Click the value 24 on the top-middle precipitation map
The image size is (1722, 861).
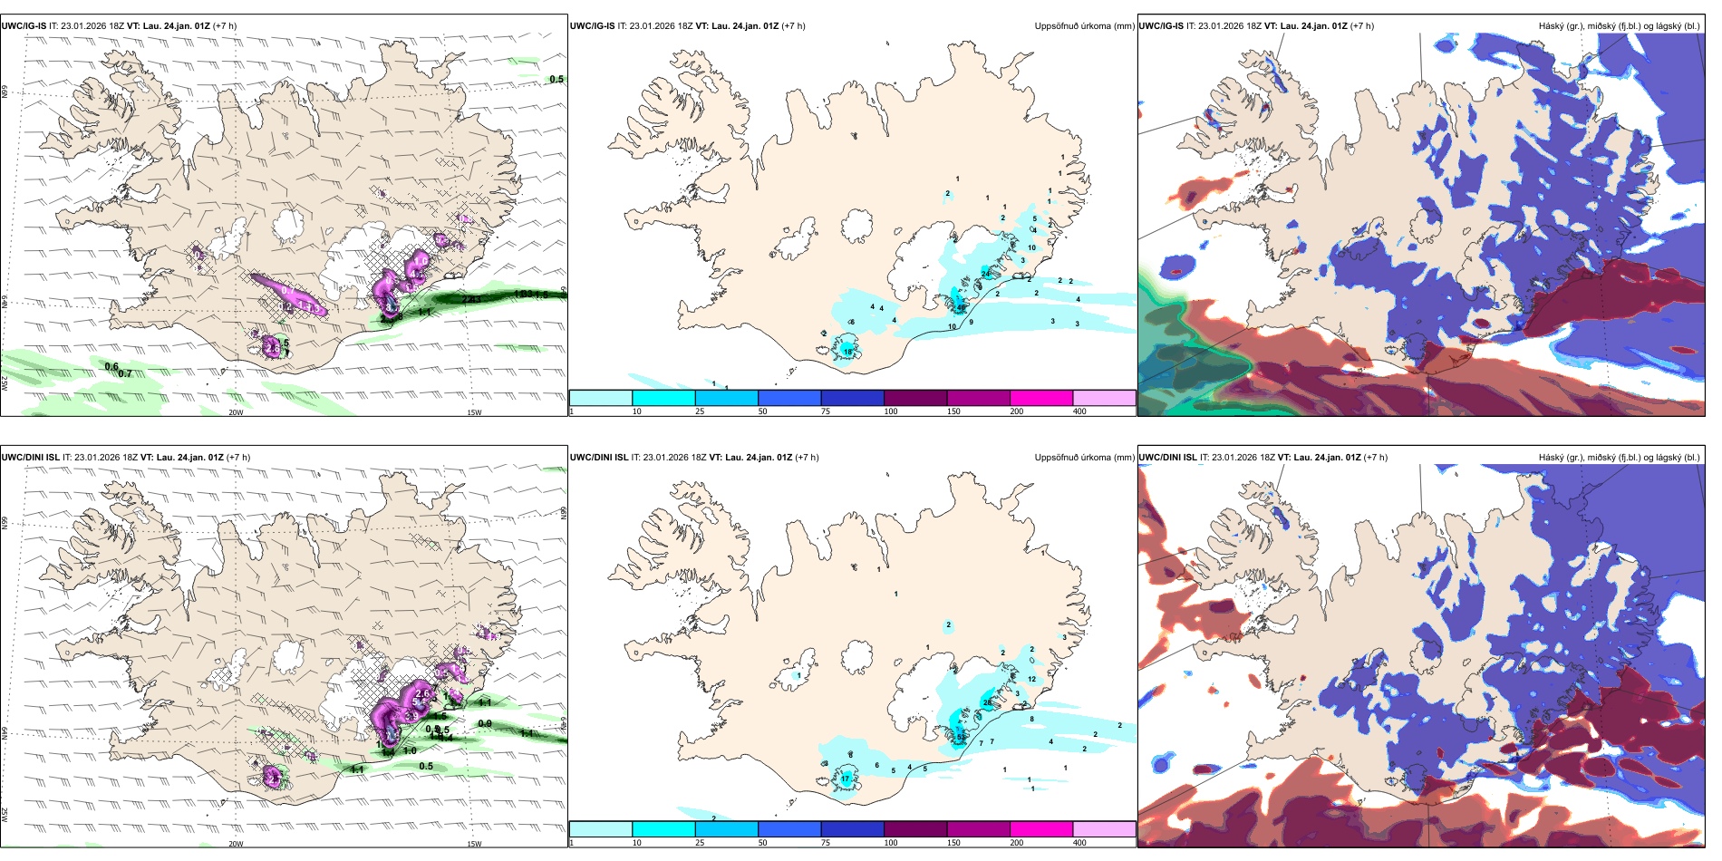(985, 274)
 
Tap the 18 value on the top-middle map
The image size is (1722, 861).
(847, 351)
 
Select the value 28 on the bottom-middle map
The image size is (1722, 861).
(987, 702)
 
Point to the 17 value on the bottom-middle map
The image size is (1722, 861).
(845, 779)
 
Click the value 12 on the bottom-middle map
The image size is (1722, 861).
(1031, 679)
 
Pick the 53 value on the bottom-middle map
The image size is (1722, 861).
(961, 737)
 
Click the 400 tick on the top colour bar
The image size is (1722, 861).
(1079, 411)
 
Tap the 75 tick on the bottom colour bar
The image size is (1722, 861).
(825, 843)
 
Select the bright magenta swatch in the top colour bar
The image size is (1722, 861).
(1041, 398)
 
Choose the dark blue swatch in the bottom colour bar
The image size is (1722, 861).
(852, 829)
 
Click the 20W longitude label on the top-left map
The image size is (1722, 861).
(236, 412)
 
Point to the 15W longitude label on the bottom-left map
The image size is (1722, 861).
(474, 844)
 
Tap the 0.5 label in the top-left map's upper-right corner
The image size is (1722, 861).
(556, 80)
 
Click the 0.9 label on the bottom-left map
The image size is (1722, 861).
(484, 723)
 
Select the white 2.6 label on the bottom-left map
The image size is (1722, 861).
(421, 694)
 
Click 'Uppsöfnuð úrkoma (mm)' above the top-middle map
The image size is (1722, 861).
(1084, 26)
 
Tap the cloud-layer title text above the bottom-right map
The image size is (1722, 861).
(1619, 458)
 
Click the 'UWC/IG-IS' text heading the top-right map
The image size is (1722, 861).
(1160, 26)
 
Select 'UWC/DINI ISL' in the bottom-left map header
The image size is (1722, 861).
(31, 458)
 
